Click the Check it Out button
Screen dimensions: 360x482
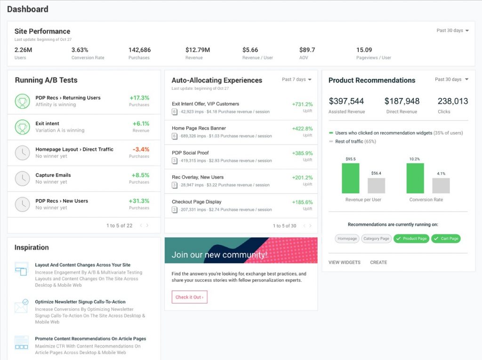(x=189, y=297)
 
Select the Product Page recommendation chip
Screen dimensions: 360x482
(x=410, y=239)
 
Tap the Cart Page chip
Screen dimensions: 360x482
(x=446, y=239)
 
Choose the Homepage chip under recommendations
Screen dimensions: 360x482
(x=347, y=239)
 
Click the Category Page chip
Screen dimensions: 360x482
(x=376, y=239)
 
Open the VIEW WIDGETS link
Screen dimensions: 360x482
(x=345, y=262)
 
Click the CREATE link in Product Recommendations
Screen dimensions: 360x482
(x=378, y=262)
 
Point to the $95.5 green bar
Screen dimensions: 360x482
(x=350, y=178)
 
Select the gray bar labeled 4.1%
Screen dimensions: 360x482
(x=441, y=185)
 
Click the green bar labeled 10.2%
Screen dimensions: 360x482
(x=415, y=178)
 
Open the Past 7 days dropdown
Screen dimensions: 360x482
(x=297, y=80)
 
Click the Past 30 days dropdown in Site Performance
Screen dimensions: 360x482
(x=452, y=31)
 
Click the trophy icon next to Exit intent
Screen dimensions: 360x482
(x=22, y=127)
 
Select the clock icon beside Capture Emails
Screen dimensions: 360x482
(x=22, y=178)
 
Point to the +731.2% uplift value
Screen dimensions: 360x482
(x=302, y=104)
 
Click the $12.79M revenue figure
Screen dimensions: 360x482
(x=198, y=50)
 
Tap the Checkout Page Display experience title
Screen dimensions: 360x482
(x=196, y=202)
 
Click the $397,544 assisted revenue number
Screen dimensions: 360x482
(x=346, y=101)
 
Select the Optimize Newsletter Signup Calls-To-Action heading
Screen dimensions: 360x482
(x=80, y=302)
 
